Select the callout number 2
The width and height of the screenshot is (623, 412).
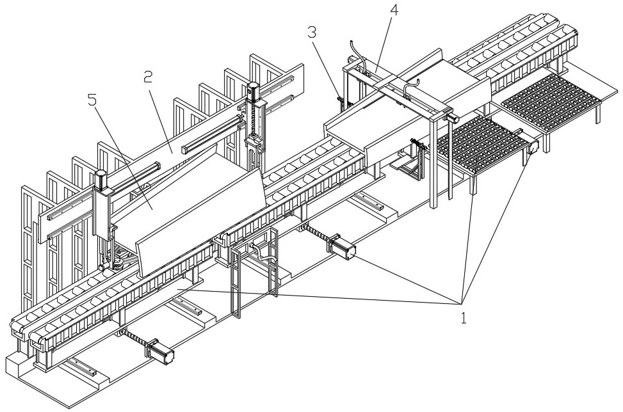tap(147, 78)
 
